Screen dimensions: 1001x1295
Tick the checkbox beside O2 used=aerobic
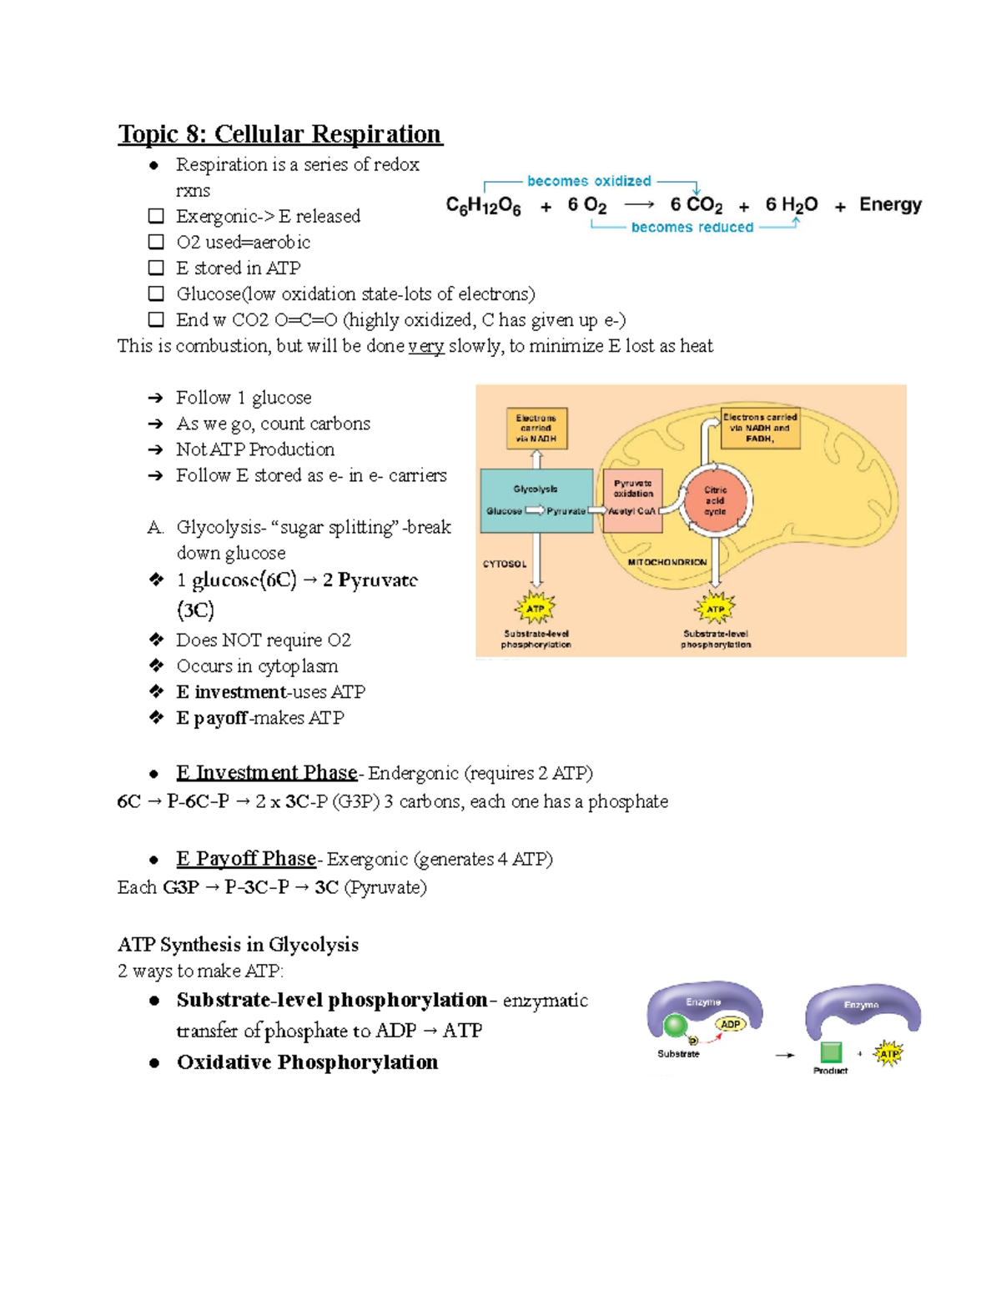(x=156, y=242)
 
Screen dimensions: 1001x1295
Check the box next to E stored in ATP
(x=156, y=268)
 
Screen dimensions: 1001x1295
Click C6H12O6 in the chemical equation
(x=483, y=206)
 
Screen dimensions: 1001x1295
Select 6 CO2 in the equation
(x=696, y=205)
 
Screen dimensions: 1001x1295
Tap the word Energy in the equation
(x=890, y=204)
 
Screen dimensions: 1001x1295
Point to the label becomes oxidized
(x=589, y=181)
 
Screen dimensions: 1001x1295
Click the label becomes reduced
(x=692, y=227)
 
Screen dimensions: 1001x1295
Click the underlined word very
(x=425, y=346)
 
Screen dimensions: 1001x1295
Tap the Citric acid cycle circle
(x=715, y=501)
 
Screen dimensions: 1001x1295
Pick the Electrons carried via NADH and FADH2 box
(x=760, y=428)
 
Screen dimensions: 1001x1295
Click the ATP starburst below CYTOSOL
(x=536, y=609)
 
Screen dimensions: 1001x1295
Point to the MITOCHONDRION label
(x=667, y=563)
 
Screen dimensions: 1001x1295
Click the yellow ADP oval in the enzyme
(x=731, y=1024)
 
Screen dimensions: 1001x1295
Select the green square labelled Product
(x=830, y=1052)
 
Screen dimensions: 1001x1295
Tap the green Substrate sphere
(x=675, y=1026)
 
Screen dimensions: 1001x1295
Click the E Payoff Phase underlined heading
(x=246, y=859)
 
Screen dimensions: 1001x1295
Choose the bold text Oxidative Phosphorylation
(x=307, y=1062)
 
